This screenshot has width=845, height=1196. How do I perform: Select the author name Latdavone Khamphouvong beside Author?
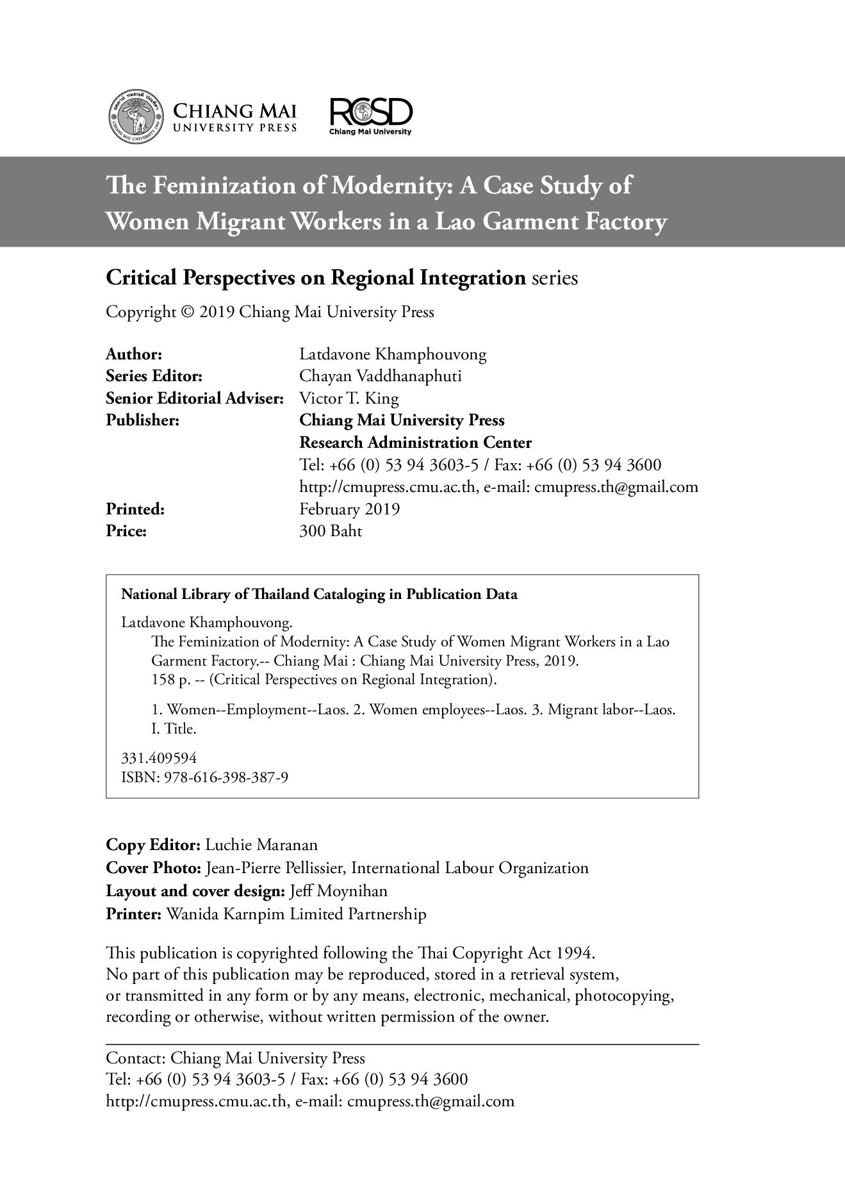tap(393, 354)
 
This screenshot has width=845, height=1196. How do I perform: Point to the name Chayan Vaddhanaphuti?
tap(381, 376)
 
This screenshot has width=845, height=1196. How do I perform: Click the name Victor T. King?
tap(349, 398)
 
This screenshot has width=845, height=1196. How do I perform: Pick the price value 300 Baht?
tap(331, 531)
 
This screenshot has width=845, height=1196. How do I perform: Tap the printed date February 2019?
tap(350, 509)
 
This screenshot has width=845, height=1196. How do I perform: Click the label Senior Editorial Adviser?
tap(194, 398)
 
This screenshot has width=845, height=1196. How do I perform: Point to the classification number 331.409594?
tap(159, 758)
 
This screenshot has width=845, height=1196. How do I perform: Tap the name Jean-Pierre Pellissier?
tap(275, 869)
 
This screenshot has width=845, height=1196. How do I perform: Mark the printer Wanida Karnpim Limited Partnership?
tap(296, 914)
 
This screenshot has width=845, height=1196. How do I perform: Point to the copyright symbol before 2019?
tap(187, 313)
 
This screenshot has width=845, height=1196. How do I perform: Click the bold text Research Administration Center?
tap(415, 443)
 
